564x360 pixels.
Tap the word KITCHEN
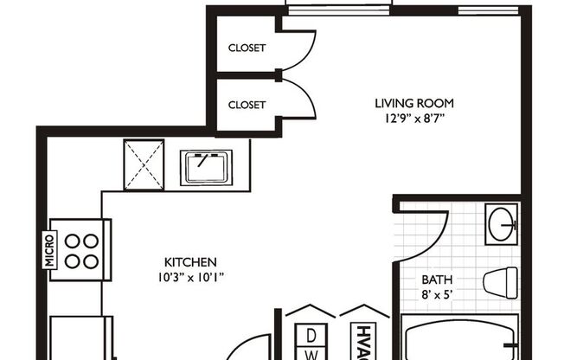190,261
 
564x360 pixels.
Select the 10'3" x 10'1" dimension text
190,277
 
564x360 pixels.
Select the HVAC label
360,343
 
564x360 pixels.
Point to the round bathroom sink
500,225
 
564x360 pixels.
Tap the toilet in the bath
499,282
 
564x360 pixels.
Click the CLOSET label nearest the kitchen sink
247,105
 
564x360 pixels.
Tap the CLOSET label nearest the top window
247,48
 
